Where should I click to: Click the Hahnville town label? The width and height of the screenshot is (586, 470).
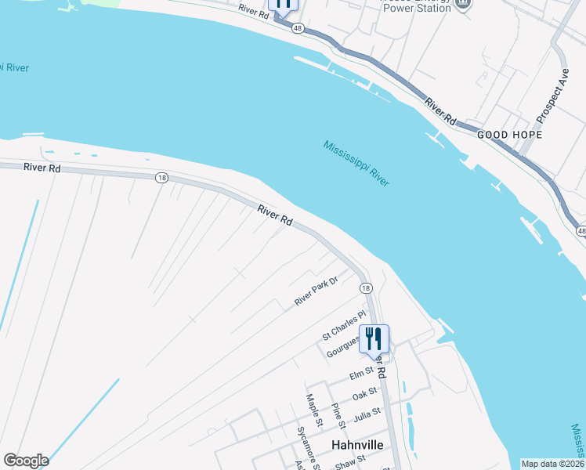[x=356, y=443]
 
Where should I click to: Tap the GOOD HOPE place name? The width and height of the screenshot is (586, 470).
[x=509, y=135]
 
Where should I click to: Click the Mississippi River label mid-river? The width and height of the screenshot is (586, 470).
[x=356, y=163]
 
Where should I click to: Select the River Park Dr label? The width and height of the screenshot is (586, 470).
[x=316, y=291]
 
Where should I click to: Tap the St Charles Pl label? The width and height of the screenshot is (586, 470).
[x=345, y=325]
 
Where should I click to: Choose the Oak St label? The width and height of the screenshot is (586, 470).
[x=365, y=394]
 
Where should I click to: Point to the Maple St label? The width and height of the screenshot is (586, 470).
[x=314, y=410]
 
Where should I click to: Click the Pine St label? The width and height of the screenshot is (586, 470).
[x=338, y=416]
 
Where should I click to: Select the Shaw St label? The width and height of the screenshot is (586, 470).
[x=350, y=461]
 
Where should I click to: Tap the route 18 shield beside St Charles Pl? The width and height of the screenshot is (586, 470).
[x=366, y=288]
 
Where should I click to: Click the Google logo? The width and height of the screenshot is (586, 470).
[x=26, y=461]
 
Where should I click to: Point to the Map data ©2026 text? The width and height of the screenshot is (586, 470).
[x=553, y=464]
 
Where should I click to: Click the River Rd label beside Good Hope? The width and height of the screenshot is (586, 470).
[x=441, y=111]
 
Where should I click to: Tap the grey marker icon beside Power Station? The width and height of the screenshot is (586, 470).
[x=463, y=4]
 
